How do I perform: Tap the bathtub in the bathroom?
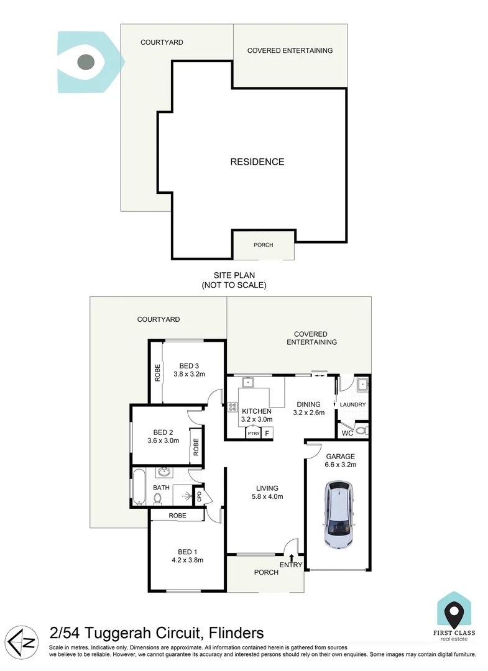click(x=137, y=486)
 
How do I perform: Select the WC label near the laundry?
click(x=347, y=432)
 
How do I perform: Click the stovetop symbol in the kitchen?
click(x=232, y=408)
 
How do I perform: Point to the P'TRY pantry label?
click(x=253, y=434)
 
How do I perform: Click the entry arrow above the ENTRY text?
click(x=292, y=557)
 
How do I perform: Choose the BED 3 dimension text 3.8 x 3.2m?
click(x=188, y=374)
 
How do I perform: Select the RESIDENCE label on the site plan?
click(x=257, y=162)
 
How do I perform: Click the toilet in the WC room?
click(x=361, y=430)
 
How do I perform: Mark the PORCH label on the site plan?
click(x=264, y=245)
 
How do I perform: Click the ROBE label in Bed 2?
click(x=195, y=447)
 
